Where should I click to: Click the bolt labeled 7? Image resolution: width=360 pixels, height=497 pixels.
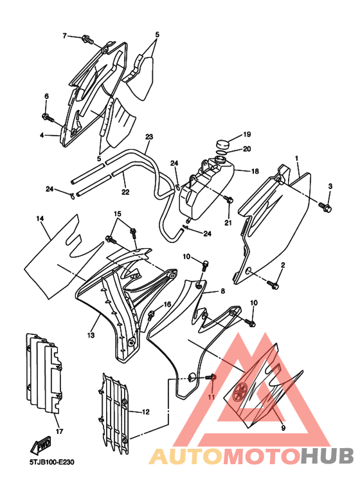click(x=87, y=39)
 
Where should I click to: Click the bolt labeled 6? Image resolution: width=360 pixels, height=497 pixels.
click(x=48, y=118)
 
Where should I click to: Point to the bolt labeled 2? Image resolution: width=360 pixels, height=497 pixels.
click(x=273, y=284)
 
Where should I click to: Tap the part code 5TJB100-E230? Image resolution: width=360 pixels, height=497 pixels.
click(x=52, y=462)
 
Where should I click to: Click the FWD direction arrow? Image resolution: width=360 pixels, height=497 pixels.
click(x=40, y=446)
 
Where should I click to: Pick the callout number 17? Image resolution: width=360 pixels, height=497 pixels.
click(x=59, y=431)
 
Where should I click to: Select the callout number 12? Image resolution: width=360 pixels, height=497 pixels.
click(x=145, y=412)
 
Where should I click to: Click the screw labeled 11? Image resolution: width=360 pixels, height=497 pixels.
click(x=210, y=377)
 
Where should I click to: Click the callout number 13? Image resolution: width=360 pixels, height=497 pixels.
click(x=91, y=335)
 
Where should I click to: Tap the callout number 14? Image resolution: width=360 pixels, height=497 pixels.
click(x=40, y=219)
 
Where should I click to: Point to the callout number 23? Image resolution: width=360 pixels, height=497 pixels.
click(x=149, y=137)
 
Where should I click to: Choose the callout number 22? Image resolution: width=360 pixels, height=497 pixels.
click(x=125, y=192)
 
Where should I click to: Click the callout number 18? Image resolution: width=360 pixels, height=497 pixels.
click(x=255, y=171)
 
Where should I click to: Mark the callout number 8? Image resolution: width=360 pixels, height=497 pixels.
click(x=223, y=291)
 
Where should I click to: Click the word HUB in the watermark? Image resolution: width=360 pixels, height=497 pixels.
click(x=327, y=456)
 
